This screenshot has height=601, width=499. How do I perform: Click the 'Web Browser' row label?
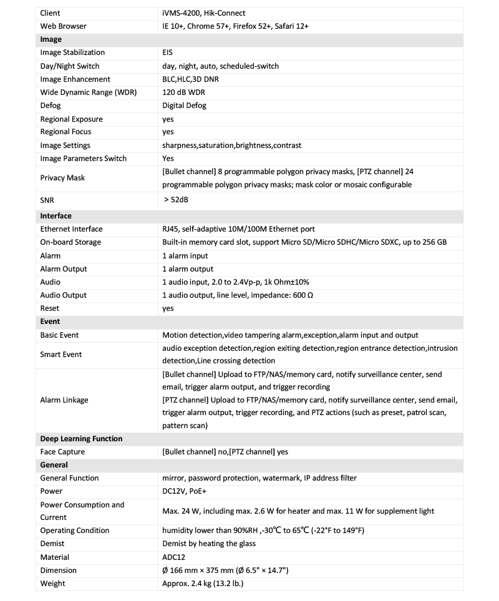pos(63,26)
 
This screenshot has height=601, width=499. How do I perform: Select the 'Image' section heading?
pos(51,39)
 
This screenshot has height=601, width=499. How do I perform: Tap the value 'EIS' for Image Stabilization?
pos(167,52)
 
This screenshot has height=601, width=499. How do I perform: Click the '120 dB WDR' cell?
pos(183,92)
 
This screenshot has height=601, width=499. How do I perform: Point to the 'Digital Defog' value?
pos(184,105)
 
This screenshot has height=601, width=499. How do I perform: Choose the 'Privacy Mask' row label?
pos(62,178)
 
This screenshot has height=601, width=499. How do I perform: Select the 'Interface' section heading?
pos(56,216)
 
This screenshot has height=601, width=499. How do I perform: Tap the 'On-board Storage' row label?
pos(70,242)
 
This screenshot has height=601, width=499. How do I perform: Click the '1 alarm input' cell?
pos(185,256)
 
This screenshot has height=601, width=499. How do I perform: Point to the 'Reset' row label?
pos(51,308)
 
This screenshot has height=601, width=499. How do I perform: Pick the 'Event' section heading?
pos(50,321)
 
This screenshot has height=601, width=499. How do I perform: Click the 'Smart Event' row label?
pos(61,354)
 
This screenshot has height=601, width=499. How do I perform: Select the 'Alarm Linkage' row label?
pos(64,400)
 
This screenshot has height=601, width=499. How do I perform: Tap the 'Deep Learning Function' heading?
pos(81,439)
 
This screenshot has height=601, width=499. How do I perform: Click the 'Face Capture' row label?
pos(62,452)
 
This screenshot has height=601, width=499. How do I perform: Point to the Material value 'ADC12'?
pos(173,557)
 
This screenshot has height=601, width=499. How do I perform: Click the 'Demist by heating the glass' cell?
pos(209,544)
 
